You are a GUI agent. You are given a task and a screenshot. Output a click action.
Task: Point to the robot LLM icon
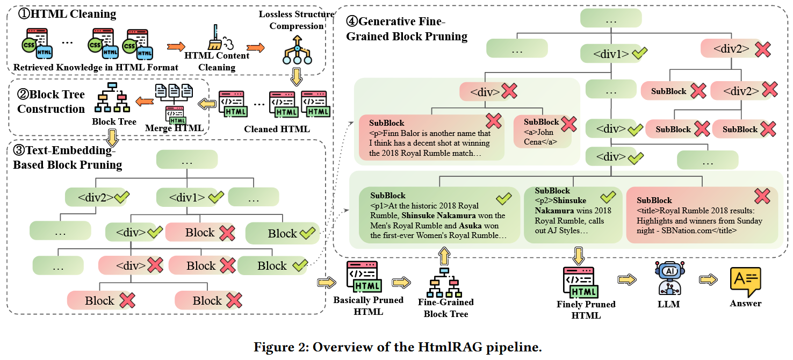tap(668, 278)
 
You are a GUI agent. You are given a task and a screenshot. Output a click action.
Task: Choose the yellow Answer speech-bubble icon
tap(745, 280)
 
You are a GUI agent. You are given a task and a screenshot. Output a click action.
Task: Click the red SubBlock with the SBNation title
tap(702, 215)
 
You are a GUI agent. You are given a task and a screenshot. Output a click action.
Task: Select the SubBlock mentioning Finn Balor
tap(432, 137)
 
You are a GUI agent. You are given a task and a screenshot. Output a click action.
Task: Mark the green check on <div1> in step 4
tap(639, 53)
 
